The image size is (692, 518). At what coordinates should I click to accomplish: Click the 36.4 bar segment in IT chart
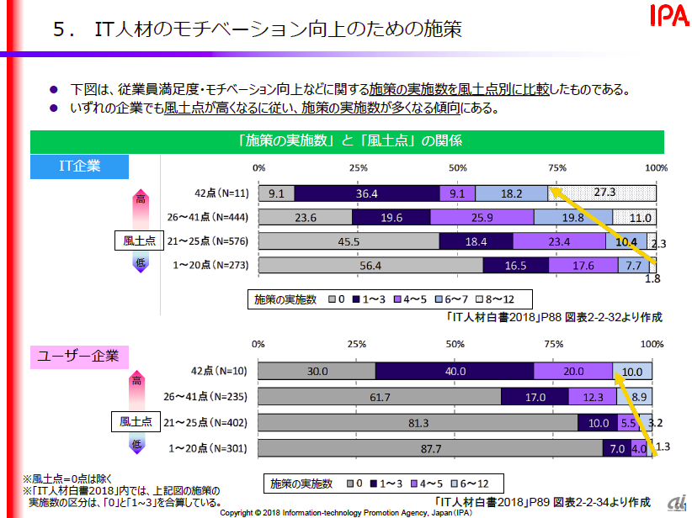pos(367,193)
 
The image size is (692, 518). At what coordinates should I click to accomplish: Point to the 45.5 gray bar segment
pos(349,241)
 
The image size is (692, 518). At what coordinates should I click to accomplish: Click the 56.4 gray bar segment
pos(370,266)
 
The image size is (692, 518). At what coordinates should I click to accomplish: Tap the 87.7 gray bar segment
pos(429,448)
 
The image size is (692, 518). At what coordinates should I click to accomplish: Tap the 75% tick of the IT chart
pos(556,167)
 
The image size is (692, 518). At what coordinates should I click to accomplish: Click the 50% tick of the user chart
pos(455,344)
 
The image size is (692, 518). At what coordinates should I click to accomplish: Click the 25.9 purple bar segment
pos(482,217)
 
